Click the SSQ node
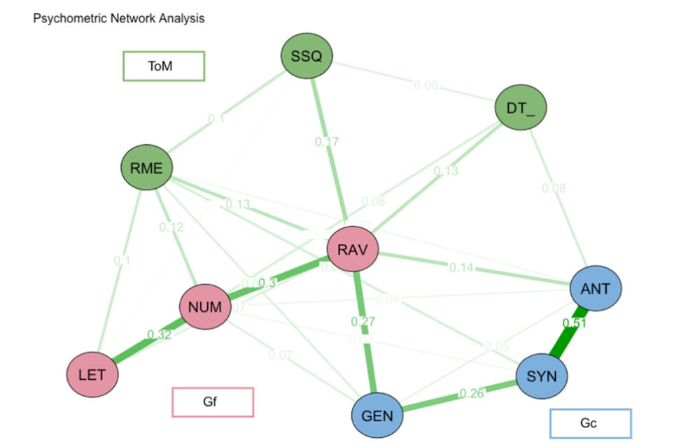(306, 57)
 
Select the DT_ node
(521, 108)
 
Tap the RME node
(146, 168)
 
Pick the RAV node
(353, 250)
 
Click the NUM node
(205, 306)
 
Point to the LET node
(92, 374)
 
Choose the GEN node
(377, 416)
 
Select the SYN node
(542, 376)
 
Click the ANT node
(596, 288)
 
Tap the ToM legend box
(164, 66)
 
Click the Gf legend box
(213, 402)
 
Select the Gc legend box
(590, 423)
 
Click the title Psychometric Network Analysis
(119, 19)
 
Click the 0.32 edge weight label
(159, 334)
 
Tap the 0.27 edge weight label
(363, 322)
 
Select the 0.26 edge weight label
(471, 393)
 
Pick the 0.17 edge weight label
(327, 143)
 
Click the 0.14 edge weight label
(462, 267)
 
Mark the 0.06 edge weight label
(426, 86)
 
